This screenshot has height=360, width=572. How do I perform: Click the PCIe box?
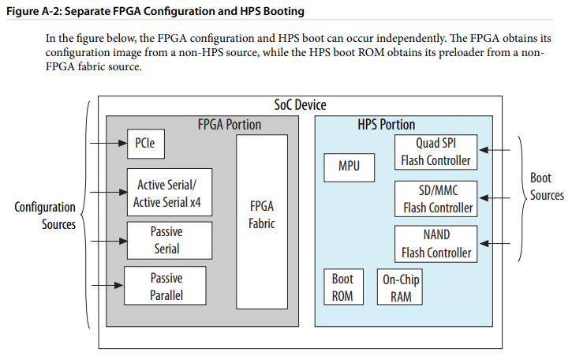[x=146, y=144]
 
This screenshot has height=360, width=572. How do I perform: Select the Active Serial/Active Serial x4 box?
[x=170, y=192]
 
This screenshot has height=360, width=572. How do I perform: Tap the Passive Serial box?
[x=170, y=241]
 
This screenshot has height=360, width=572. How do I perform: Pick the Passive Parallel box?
[x=165, y=286]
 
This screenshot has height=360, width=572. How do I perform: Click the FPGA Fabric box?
[x=262, y=222]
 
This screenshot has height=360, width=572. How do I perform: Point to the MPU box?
[x=349, y=167]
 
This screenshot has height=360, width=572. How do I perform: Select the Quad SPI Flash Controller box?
[x=436, y=152]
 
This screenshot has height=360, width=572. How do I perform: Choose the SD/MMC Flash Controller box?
[x=436, y=199]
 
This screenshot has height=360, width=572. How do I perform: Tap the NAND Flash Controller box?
[x=436, y=244]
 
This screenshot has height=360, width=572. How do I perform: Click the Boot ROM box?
[x=344, y=287]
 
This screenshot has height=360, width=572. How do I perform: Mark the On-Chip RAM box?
[x=400, y=287]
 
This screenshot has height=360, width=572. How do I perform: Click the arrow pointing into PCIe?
[x=109, y=143]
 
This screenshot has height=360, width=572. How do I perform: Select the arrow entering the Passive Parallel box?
[x=107, y=285]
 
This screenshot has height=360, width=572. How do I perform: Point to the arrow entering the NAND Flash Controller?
[x=495, y=243]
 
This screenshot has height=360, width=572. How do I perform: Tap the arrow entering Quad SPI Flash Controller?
[x=495, y=150]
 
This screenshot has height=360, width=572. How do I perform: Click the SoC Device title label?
[x=301, y=105]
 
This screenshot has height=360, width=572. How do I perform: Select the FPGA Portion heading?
[x=230, y=125]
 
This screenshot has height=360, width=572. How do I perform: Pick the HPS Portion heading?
[x=387, y=125]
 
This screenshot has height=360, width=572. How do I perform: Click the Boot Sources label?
[x=547, y=186]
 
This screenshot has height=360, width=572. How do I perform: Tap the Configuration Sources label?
[x=45, y=216]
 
